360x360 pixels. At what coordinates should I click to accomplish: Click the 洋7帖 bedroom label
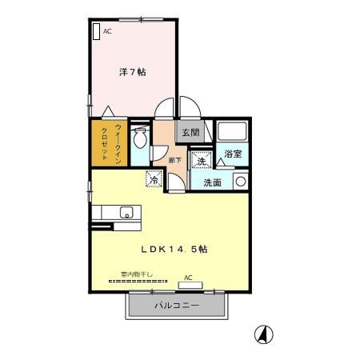point(132,72)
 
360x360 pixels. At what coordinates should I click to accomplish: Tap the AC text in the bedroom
point(107,31)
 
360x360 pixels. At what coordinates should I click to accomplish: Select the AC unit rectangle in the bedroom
point(96,31)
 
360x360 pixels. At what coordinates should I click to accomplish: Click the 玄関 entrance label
point(190,133)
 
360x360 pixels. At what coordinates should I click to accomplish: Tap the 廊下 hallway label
point(175,161)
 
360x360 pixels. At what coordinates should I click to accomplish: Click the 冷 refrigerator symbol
point(153,181)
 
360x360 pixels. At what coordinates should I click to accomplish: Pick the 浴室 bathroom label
point(234,153)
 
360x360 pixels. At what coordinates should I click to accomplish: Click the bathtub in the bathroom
point(234,132)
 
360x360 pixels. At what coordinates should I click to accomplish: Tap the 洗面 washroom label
point(211,183)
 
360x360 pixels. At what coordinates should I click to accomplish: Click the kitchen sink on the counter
point(125,213)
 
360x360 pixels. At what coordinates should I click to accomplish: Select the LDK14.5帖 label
point(175,249)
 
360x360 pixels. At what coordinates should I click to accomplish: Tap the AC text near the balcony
point(189,278)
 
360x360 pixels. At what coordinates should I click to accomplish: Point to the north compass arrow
point(262,334)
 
